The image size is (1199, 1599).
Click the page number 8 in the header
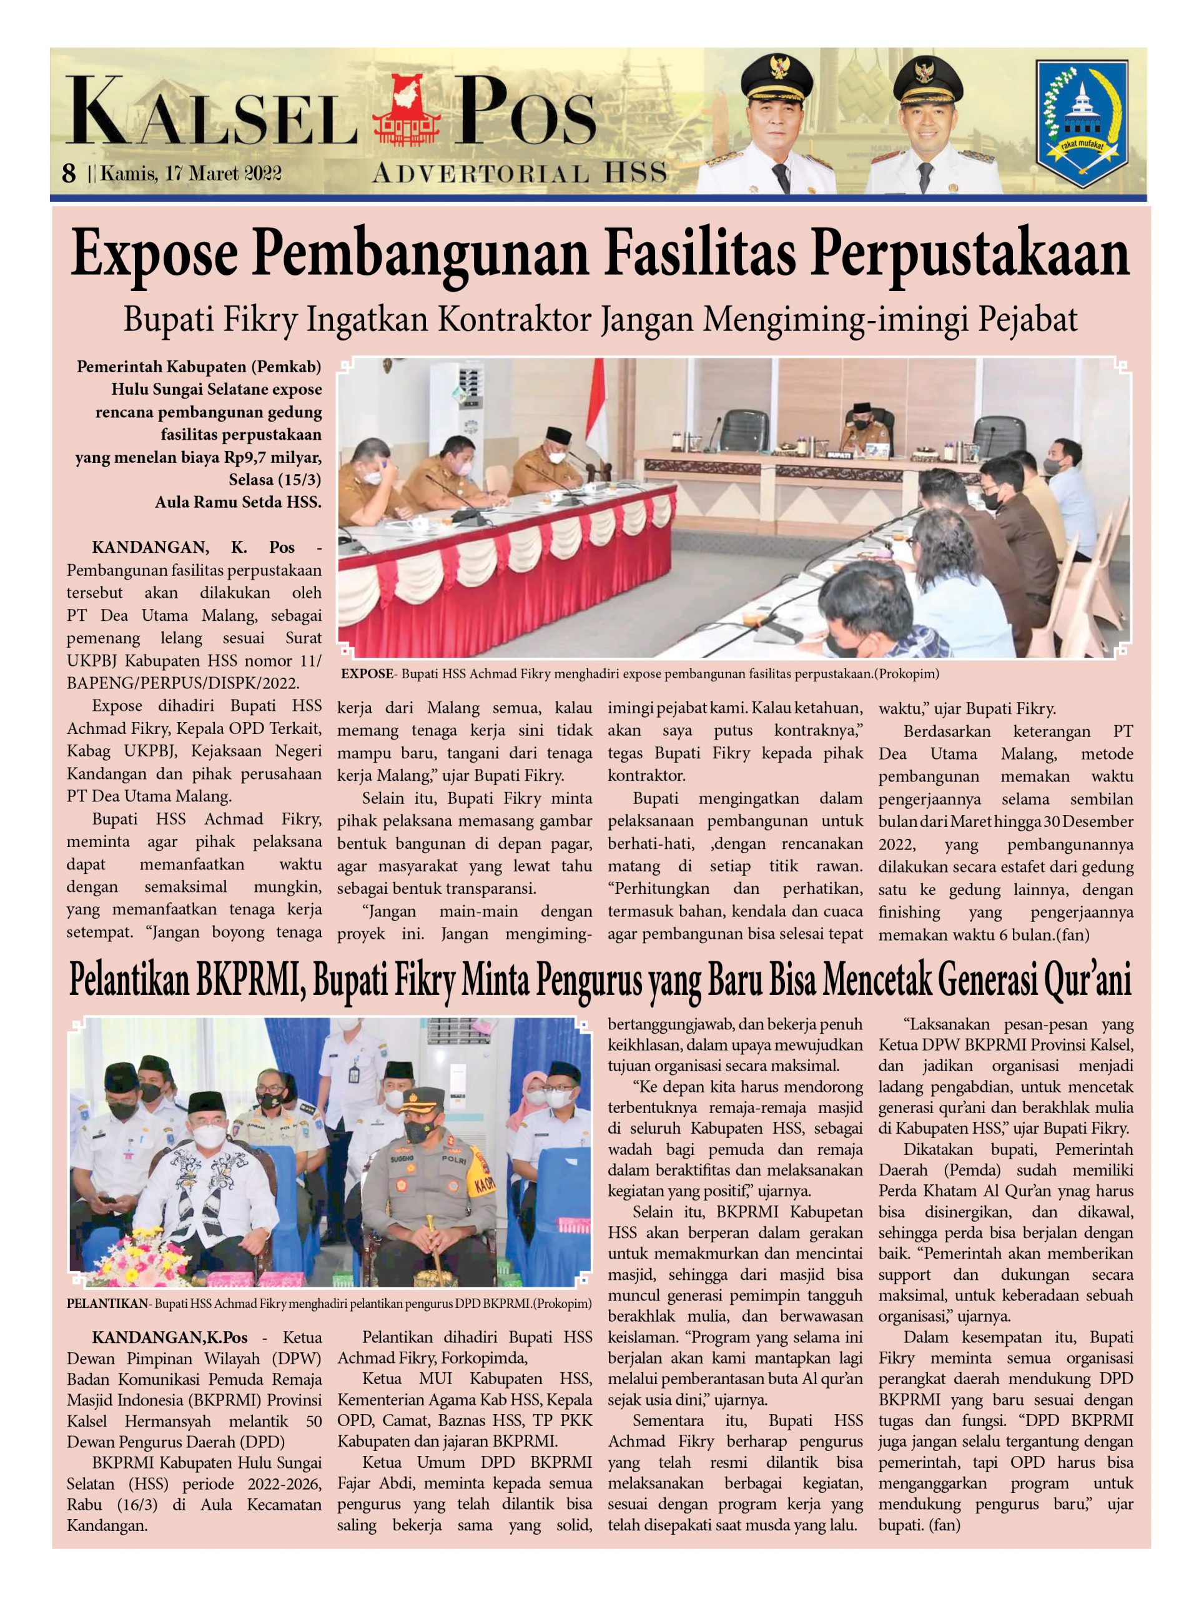(69, 174)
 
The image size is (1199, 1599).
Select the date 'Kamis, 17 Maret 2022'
(191, 174)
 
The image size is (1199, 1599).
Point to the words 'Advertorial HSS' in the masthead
(519, 173)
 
